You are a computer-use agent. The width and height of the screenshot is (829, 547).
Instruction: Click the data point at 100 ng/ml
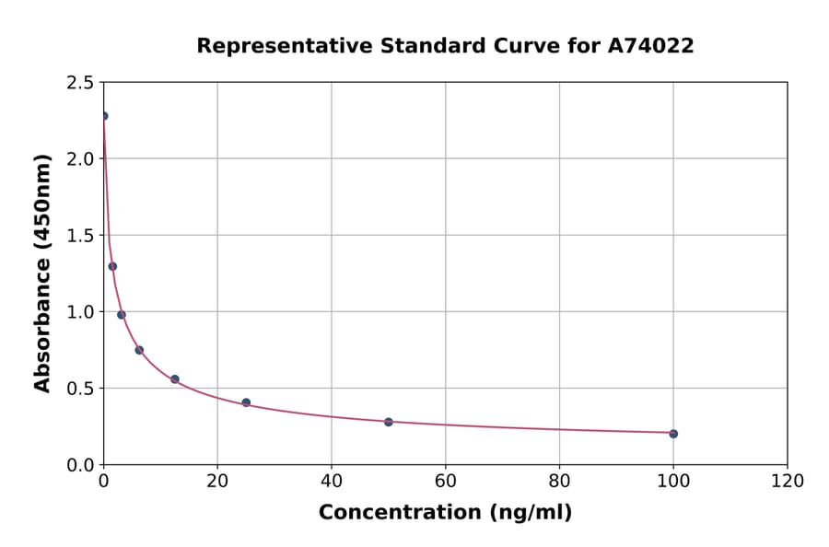pos(673,434)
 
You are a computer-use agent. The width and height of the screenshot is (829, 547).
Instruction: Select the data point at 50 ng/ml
pos(389,422)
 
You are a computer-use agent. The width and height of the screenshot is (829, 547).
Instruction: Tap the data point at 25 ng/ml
pos(246,402)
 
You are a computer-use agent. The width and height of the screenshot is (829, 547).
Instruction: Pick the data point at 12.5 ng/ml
pos(175,379)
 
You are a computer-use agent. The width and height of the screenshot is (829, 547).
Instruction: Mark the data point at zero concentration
pos(104,116)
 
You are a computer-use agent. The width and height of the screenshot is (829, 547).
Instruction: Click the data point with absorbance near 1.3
pos(112,266)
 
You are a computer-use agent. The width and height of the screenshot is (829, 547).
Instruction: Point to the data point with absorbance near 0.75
pos(139,350)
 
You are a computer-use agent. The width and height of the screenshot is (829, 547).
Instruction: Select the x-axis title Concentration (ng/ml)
pos(445,512)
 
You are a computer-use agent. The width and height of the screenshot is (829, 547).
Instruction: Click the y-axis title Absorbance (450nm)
pos(42,273)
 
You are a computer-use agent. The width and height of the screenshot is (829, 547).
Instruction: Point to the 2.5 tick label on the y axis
pos(80,83)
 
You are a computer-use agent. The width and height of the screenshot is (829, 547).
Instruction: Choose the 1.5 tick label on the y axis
pos(80,236)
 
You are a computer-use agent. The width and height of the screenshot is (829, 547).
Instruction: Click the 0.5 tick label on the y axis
pos(80,389)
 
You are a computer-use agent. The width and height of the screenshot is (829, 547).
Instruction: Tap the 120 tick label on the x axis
pos(788,482)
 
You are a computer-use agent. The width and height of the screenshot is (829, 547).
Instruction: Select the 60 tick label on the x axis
pos(446,482)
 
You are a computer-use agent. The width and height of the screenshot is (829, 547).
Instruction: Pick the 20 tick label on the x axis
pos(217,482)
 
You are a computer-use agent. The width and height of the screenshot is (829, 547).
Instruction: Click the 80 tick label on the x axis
pos(559,482)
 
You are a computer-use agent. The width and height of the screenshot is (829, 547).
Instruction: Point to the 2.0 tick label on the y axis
pos(80,159)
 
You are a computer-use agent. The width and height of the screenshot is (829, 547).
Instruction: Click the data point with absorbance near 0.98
pos(122,315)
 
